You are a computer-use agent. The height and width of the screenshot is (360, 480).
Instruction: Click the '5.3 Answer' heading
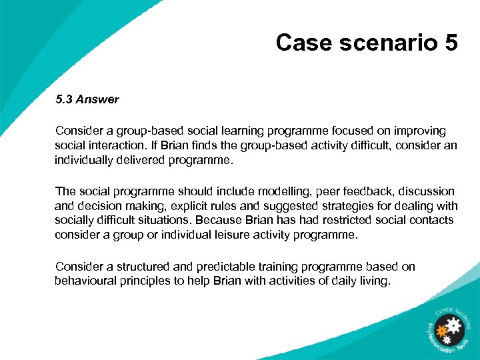(87, 99)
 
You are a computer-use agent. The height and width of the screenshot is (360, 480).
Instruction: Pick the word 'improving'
(418, 131)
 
